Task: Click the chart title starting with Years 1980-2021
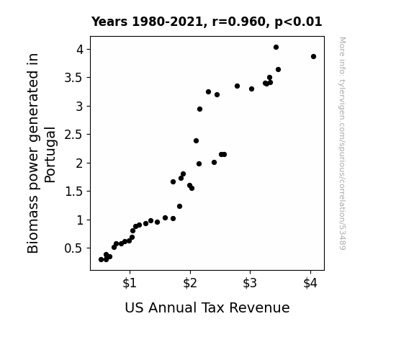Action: [207, 22]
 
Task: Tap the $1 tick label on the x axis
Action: [130, 283]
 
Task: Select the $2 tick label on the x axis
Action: [190, 283]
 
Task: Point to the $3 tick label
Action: [250, 283]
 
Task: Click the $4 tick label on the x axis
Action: [310, 283]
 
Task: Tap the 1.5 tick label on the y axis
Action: [74, 192]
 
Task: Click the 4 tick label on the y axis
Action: [80, 50]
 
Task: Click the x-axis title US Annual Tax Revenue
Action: [207, 307]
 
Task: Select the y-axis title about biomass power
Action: [41, 153]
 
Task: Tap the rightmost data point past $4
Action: [313, 57]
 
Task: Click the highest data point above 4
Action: [276, 48]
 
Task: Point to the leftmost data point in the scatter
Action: [101, 260]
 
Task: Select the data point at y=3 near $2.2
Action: [200, 109]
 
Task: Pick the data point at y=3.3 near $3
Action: [251, 89]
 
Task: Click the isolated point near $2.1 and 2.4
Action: [196, 141]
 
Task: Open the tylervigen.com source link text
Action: [343, 143]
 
